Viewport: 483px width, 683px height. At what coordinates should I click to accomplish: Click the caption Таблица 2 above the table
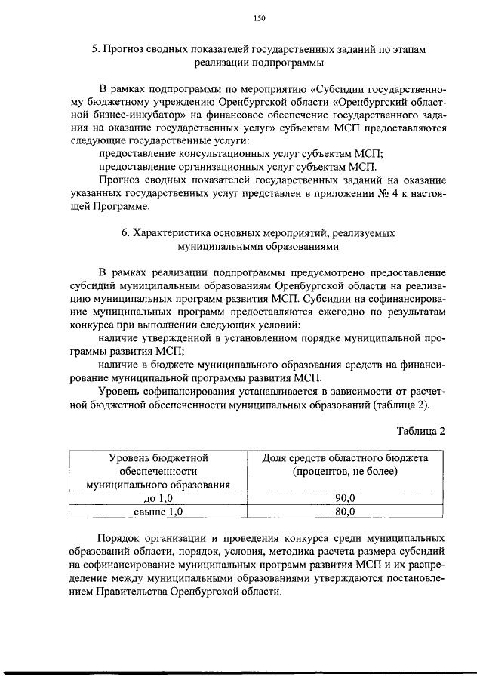pos(421,431)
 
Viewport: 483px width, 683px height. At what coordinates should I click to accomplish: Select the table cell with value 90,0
pos(345,498)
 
